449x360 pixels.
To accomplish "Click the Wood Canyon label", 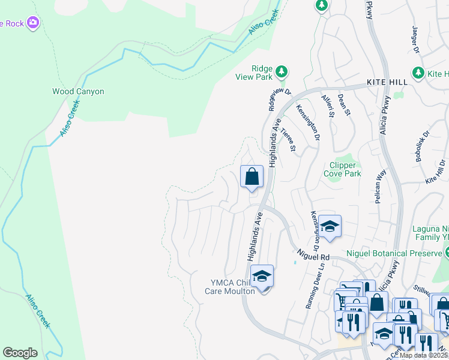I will pyautogui.click(x=78, y=92).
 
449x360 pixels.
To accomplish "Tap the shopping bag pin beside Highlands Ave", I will pyautogui.click(x=252, y=177).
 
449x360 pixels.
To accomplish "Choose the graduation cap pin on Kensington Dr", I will pyautogui.click(x=330, y=226).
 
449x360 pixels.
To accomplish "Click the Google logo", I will pyautogui.click(x=20, y=353).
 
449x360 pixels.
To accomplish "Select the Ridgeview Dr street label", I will pyautogui.click(x=279, y=99).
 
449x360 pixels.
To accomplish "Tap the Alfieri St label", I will pyautogui.click(x=327, y=106).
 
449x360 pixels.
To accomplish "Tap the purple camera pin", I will pyautogui.click(x=33, y=23).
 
